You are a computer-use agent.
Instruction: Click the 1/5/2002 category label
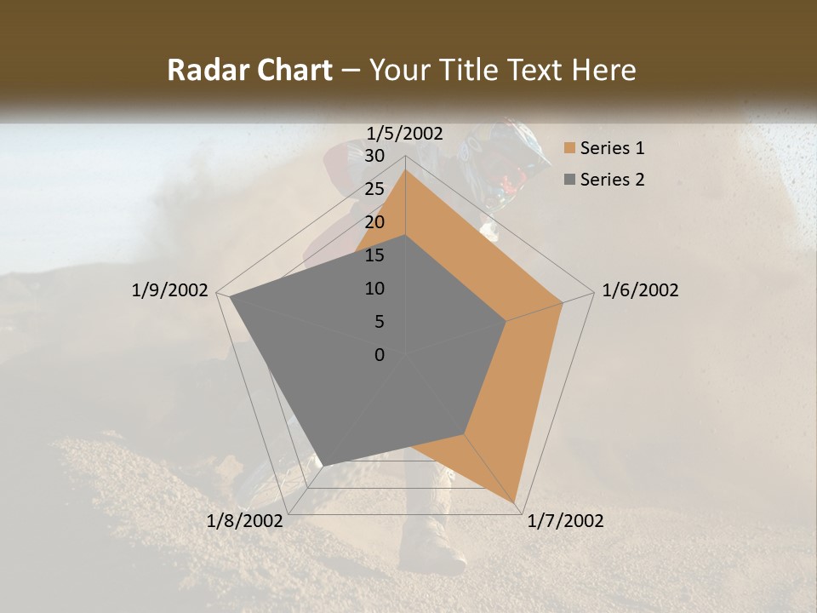(x=405, y=133)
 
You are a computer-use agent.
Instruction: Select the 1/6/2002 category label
(x=640, y=290)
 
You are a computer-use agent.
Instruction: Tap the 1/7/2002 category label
(x=565, y=521)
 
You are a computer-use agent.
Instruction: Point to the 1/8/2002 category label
(x=245, y=521)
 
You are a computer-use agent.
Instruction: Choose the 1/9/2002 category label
(x=170, y=290)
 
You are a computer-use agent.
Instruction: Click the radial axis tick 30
(x=374, y=156)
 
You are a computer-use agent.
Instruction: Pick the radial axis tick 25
(x=374, y=189)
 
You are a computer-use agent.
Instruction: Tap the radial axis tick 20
(x=374, y=222)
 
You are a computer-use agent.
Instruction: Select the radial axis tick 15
(x=374, y=255)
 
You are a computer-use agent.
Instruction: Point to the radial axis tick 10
(x=374, y=289)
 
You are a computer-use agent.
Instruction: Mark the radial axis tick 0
(x=380, y=355)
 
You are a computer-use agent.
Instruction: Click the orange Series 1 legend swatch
(x=568, y=149)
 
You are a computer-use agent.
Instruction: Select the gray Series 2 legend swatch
(x=568, y=180)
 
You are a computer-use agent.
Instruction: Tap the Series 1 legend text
(x=613, y=149)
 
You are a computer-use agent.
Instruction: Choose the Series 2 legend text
(x=613, y=180)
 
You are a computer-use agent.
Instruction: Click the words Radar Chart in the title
(x=250, y=70)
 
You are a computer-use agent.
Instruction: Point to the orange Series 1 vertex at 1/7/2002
(x=515, y=501)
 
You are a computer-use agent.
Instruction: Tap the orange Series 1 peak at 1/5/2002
(x=405, y=169)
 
